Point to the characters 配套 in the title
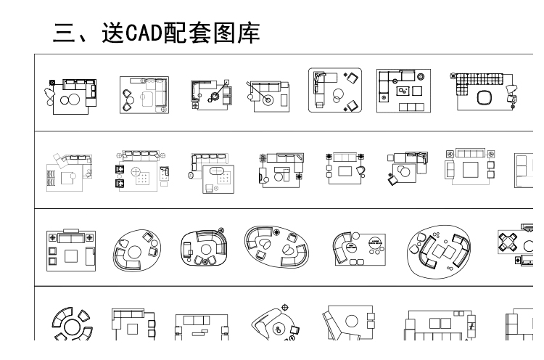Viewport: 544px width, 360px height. (x=191, y=33)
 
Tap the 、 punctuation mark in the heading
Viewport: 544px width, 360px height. (x=88, y=38)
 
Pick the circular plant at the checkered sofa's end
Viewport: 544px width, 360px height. (x=454, y=74)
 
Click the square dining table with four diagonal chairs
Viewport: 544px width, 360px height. (x=516, y=240)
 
